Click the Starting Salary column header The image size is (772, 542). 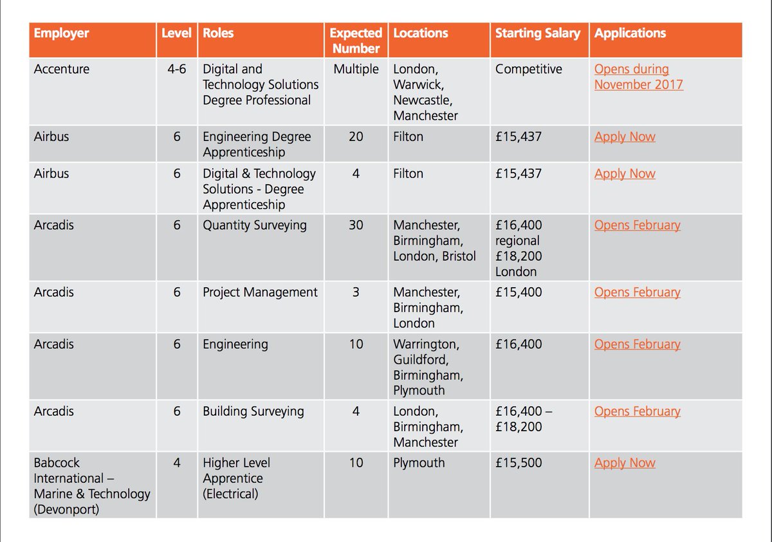pos(537,33)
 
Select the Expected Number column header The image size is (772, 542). pos(356,41)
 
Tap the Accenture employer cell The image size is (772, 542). pos(62,70)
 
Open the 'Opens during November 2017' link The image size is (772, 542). pos(638,77)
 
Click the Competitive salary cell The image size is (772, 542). pos(528,70)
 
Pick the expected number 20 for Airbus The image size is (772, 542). pos(356,137)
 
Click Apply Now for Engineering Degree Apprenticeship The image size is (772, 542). pos(625,137)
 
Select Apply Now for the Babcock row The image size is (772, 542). pos(625,463)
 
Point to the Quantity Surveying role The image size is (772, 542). pos(255,226)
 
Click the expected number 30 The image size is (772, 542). pos(356,226)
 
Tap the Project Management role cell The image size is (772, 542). pos(260,293)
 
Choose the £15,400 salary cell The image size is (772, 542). pos(519,293)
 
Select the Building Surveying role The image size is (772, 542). pos(253,412)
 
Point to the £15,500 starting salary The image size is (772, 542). pos(519,463)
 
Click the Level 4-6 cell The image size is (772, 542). pos(177,70)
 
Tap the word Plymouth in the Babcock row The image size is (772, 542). pos(419,463)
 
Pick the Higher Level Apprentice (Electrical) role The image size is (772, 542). pos(236,479)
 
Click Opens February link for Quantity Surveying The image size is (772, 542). pos(637,226)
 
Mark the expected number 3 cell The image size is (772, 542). pos(356,293)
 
